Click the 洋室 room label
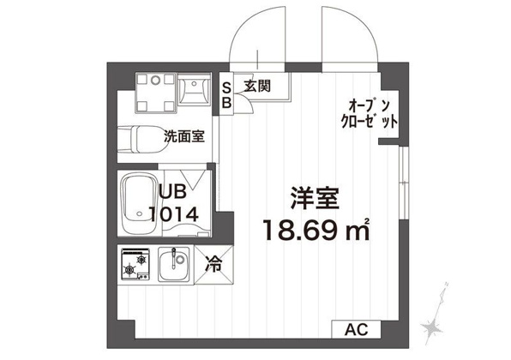(315, 198)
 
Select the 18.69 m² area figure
(316, 230)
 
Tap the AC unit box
(356, 329)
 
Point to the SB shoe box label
(226, 95)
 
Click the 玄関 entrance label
(257, 86)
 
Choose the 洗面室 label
(184, 136)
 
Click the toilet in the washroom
(142, 140)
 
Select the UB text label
(172, 191)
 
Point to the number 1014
(174, 214)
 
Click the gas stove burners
(135, 264)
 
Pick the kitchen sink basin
(174, 263)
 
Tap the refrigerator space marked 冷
(213, 264)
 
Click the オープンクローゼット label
(370, 114)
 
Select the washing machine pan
(156, 93)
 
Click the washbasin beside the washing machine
(195, 90)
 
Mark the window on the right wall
(404, 183)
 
